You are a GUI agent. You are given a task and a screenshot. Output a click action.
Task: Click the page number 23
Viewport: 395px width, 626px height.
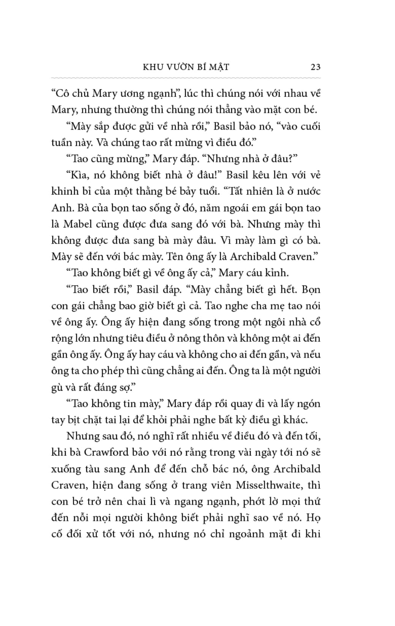(x=315, y=67)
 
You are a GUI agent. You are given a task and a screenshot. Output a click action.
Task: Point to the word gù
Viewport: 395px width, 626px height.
(x=57, y=387)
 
